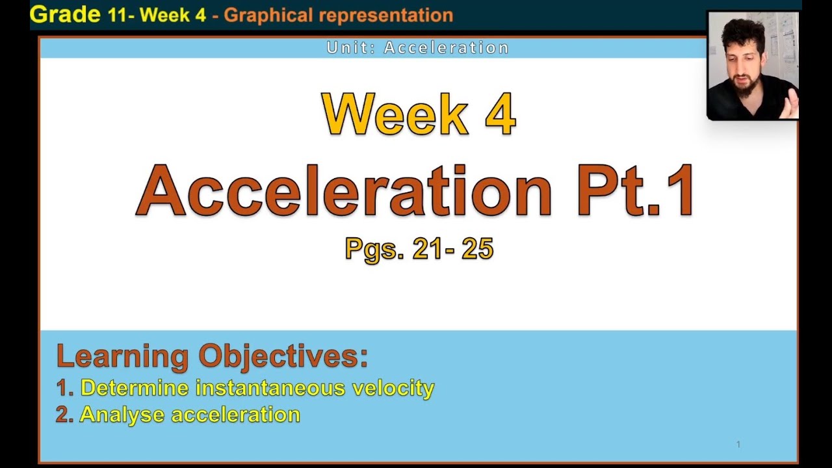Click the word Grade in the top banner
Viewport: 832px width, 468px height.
65,14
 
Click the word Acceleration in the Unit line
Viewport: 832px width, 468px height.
447,47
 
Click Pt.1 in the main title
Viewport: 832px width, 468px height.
636,190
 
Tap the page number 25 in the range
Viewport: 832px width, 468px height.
478,249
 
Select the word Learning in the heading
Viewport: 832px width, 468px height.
122,356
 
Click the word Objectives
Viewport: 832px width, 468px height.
283,356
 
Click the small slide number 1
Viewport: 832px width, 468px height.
738,445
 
